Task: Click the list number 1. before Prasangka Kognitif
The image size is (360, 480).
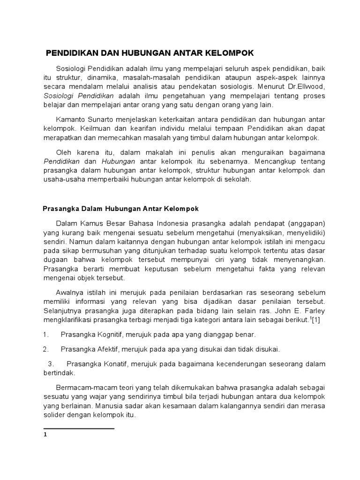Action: coord(45,335)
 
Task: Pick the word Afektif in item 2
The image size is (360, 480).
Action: coord(105,349)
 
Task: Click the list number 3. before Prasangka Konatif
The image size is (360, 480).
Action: coord(52,364)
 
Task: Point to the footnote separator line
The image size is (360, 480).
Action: coord(79,428)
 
